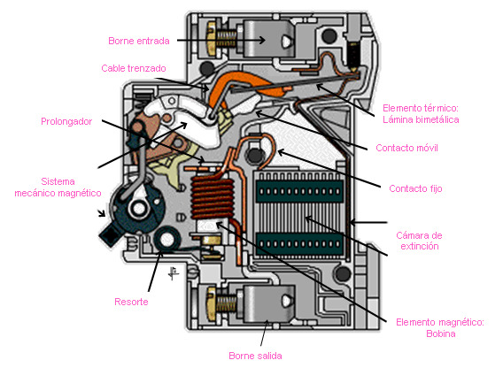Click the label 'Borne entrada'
tap(139, 41)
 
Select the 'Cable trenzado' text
tap(134, 68)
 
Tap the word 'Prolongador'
tap(66, 121)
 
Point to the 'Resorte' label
tap(131, 302)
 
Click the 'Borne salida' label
tap(255, 356)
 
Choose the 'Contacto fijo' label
tap(415, 188)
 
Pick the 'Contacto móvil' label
tap(406, 148)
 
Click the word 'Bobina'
tap(441, 333)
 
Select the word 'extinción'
tap(420, 246)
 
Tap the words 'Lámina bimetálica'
tap(421, 119)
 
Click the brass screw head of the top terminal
tap(212, 38)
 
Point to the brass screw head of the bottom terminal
tap(212, 304)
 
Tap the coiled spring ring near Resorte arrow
tap(166, 239)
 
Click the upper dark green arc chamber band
tap(299, 191)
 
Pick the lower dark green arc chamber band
tap(299, 244)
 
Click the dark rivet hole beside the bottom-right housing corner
tap(343, 273)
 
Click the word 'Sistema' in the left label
tap(58, 181)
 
